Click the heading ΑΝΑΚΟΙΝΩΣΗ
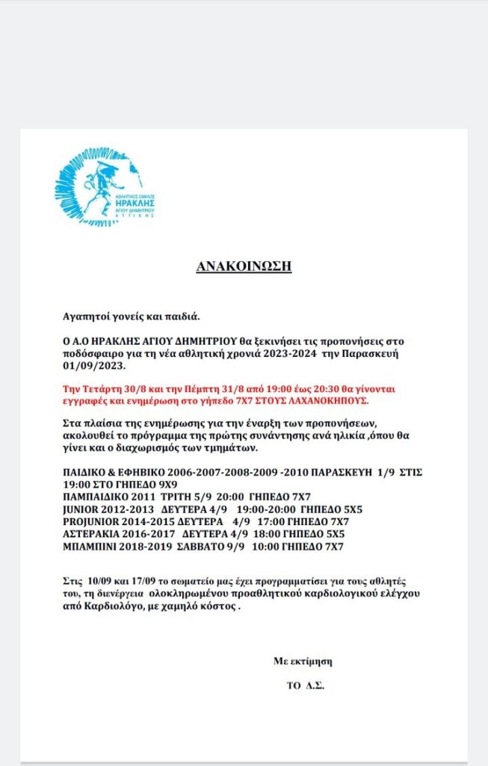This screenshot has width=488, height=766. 243,266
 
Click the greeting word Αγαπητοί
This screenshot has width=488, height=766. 87,316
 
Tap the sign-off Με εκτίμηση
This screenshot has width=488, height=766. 302,661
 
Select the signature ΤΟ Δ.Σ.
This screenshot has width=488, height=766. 305,685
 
